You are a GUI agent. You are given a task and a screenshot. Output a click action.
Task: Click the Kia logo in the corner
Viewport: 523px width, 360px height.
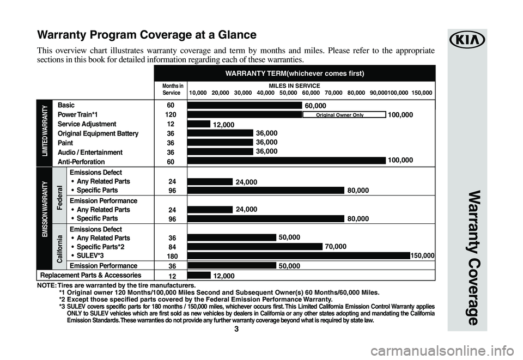(467, 40)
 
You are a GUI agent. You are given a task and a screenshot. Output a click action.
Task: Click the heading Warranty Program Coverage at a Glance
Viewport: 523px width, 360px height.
(147, 35)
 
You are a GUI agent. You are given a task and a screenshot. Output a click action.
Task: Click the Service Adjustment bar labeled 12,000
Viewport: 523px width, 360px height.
(198, 124)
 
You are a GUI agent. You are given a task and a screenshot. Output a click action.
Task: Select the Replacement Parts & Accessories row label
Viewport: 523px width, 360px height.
(89, 275)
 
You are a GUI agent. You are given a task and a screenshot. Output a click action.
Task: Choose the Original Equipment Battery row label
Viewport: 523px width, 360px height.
(98, 133)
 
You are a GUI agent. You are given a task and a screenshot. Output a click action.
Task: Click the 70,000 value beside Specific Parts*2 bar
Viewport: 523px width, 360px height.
(336, 247)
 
